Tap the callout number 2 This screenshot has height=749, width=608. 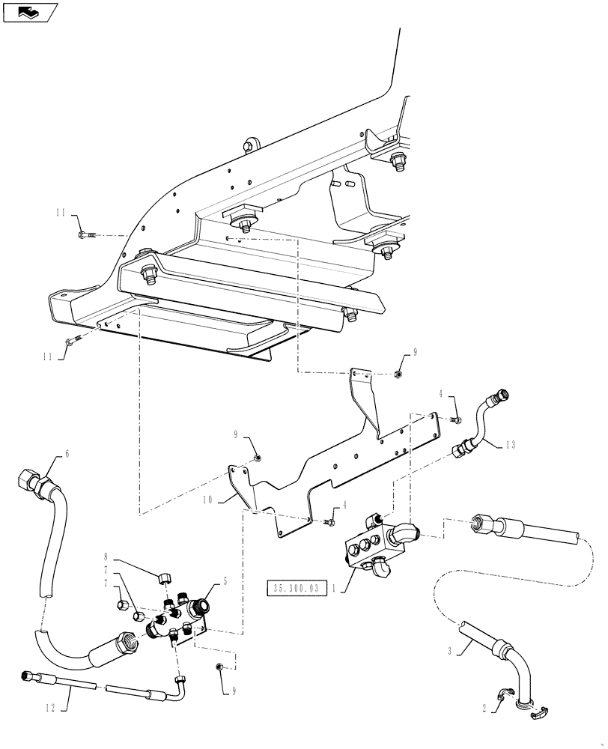point(484,706)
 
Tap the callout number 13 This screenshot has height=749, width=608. point(509,445)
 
